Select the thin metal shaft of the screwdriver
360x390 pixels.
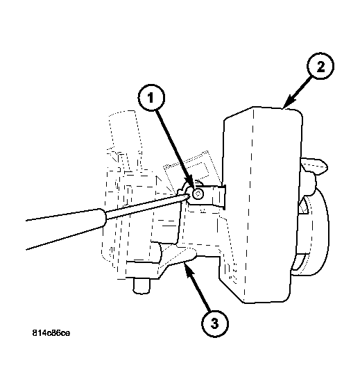pos(146,205)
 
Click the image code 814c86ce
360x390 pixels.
pos(51,333)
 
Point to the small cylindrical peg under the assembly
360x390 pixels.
pos(141,285)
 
